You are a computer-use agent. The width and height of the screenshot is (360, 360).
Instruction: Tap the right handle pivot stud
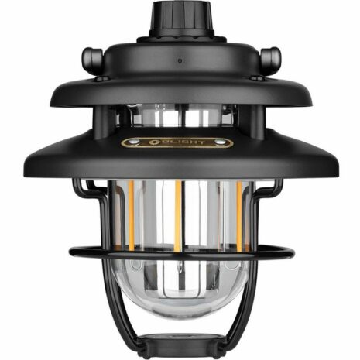click(x=270, y=58)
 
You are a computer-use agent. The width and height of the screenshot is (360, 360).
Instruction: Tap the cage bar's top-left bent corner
click(x=77, y=184)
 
